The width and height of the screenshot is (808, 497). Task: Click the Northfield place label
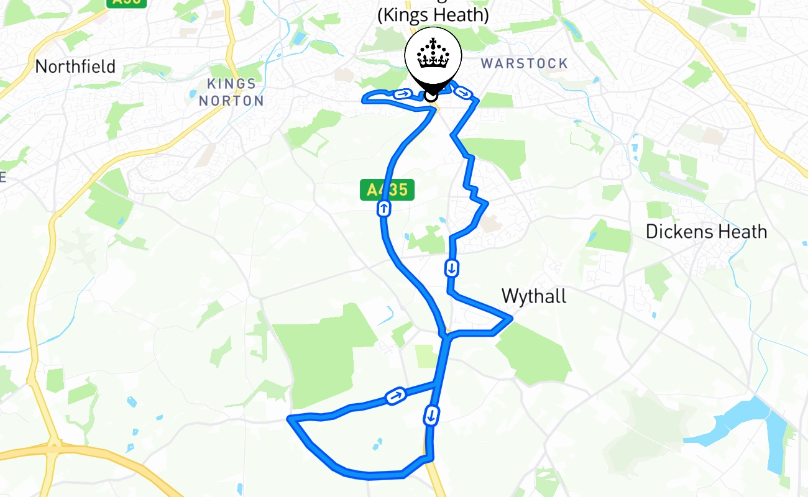point(75,66)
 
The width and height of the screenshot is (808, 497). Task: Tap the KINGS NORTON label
point(231,92)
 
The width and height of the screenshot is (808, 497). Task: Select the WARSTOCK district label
point(525,63)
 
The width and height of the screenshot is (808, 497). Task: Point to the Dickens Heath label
point(706,232)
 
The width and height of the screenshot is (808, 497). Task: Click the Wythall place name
point(534,296)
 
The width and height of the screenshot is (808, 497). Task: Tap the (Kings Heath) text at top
point(433,15)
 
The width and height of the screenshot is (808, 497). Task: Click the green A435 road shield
point(387,189)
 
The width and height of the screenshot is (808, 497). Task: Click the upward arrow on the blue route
point(384,209)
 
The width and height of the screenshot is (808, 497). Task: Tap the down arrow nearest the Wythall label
point(452,268)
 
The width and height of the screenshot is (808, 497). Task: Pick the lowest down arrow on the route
point(431,414)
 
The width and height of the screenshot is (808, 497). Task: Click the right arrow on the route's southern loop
point(395,395)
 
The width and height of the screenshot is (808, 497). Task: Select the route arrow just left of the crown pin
point(403,94)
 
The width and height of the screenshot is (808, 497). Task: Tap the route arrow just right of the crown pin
point(462,93)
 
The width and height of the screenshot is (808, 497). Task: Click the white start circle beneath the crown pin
point(431,96)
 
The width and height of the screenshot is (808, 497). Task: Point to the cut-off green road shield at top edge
point(127,2)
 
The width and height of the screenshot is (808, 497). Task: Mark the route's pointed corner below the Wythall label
point(511,319)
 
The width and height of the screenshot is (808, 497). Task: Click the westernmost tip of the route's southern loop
point(289,419)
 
